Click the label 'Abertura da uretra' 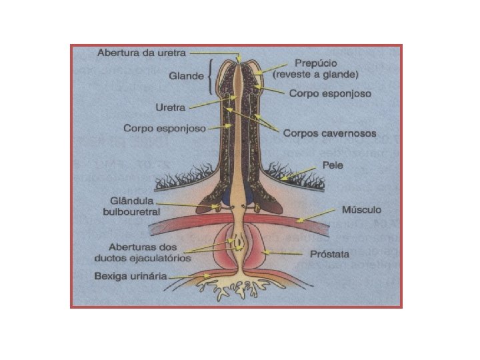pos(142,52)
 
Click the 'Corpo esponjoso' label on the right pos(330,94)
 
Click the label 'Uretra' pos(171,107)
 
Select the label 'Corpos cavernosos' pos(329,133)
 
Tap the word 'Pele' pos(332,165)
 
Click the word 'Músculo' pos(362,210)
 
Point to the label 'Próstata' pos(329,254)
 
